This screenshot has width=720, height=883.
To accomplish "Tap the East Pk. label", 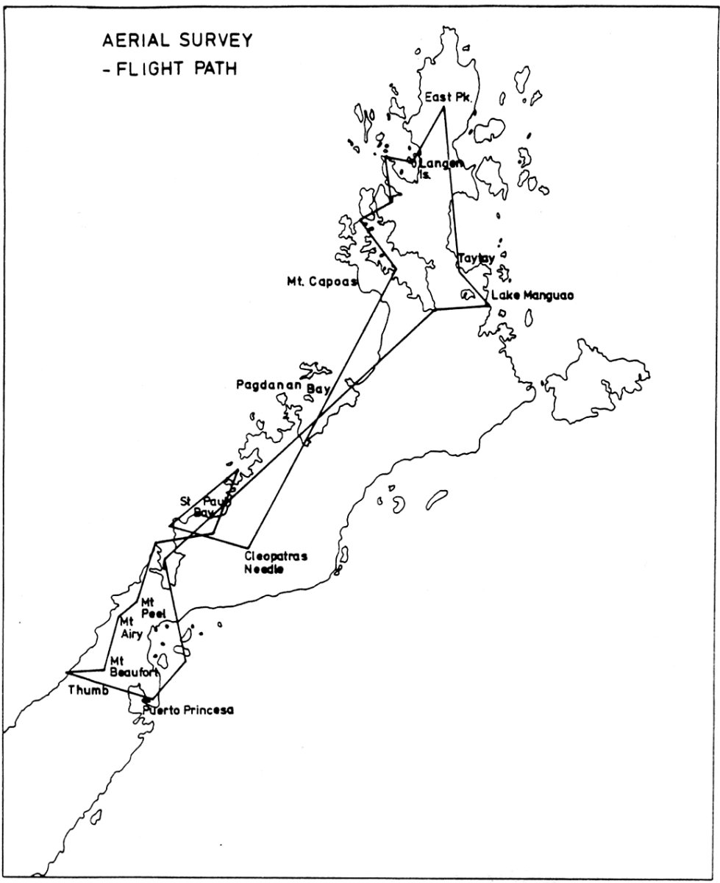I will [x=442, y=97].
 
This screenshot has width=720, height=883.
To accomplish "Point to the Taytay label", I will [x=474, y=259].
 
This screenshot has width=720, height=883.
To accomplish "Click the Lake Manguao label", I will [x=531, y=296].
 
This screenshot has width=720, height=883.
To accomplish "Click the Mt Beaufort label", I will [x=132, y=666].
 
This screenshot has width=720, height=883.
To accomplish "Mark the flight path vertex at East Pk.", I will [x=443, y=109].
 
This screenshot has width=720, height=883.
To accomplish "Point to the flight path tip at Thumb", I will [x=67, y=673].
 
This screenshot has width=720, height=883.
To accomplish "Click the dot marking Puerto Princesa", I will [x=147, y=699].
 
